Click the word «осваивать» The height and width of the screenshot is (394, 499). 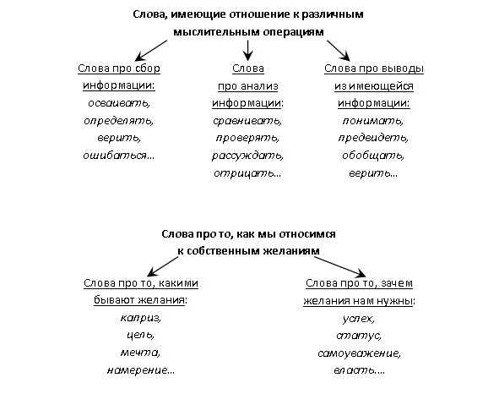(x=119, y=103)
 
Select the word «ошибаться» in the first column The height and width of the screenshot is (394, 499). (x=115, y=156)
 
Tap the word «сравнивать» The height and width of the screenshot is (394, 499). (x=247, y=121)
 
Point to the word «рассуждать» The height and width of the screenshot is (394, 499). (x=247, y=156)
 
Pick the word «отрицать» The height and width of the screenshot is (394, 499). (x=243, y=173)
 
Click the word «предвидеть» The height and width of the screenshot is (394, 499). (x=372, y=138)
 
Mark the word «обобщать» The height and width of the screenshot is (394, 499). (x=373, y=156)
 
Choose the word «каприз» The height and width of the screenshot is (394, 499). (x=140, y=318)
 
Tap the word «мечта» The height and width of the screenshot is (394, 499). (x=140, y=353)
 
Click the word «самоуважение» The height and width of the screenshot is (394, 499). (x=359, y=353)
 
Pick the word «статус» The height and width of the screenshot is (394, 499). (x=359, y=336)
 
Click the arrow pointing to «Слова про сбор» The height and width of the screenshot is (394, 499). (x=151, y=51)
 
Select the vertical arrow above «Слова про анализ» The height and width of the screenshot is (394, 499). (x=248, y=51)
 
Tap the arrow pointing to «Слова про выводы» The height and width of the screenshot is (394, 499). (x=339, y=51)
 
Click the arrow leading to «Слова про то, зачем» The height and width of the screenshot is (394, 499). (x=340, y=266)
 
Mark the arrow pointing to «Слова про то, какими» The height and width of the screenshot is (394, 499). (x=163, y=266)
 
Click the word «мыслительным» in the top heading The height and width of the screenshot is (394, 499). (x=216, y=32)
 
